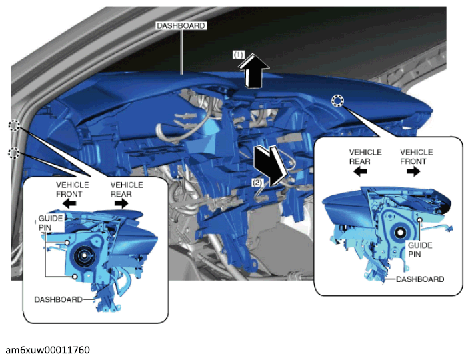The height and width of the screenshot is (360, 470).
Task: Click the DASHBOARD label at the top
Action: coord(181,26)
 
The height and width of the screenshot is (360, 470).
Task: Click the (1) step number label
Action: coord(239,55)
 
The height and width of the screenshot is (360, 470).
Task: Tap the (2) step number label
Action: coord(257,183)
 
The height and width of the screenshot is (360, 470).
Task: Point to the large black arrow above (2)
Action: coord(270,166)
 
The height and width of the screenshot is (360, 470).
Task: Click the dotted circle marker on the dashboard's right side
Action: coord(338,101)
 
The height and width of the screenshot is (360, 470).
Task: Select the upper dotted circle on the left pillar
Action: coord(14,125)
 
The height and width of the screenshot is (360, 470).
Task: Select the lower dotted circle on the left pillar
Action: coord(13,153)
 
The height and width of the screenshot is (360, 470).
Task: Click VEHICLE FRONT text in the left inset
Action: coord(72,189)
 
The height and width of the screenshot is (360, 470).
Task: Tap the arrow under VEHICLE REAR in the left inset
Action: coord(121,204)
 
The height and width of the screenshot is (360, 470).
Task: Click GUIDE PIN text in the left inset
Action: coord(51,223)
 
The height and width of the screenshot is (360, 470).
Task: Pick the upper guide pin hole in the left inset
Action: coord(67,243)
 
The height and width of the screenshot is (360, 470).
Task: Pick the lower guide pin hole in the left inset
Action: coord(75,277)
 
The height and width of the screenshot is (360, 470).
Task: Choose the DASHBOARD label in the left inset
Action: coord(59,299)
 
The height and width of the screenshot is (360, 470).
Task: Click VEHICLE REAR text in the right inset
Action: coord(365,157)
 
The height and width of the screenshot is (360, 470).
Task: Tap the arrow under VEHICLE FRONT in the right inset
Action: coord(413,171)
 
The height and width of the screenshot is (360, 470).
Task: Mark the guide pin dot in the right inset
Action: coord(420,220)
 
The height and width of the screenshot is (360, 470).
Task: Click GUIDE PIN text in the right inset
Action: coord(420,250)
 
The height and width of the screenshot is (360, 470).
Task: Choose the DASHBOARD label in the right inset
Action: coord(420,279)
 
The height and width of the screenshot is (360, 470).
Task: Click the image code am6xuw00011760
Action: coord(47,350)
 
